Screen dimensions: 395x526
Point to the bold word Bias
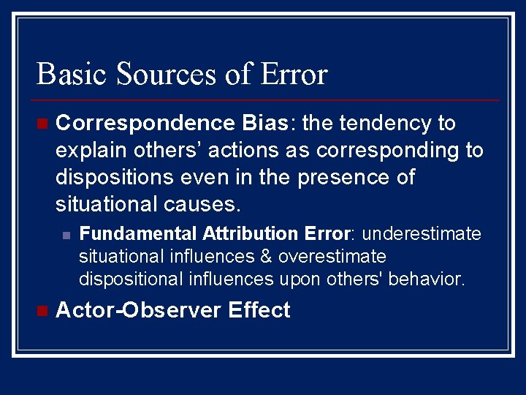coord(266,123)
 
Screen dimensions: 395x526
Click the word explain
coord(91,150)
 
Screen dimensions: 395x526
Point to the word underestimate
coord(422,234)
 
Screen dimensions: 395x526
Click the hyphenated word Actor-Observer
coord(138,310)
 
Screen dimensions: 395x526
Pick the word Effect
coord(259,310)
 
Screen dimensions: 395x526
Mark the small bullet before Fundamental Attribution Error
coord(66,235)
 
